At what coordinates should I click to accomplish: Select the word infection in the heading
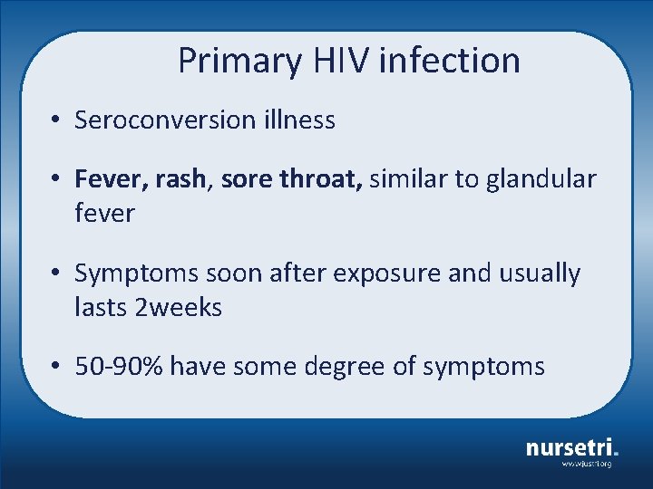pos(450,61)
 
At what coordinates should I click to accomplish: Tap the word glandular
pos(541,179)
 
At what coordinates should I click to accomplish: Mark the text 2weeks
pos(178,308)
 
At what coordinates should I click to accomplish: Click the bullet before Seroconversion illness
pos(56,120)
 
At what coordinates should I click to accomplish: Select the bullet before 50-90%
pos(56,368)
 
